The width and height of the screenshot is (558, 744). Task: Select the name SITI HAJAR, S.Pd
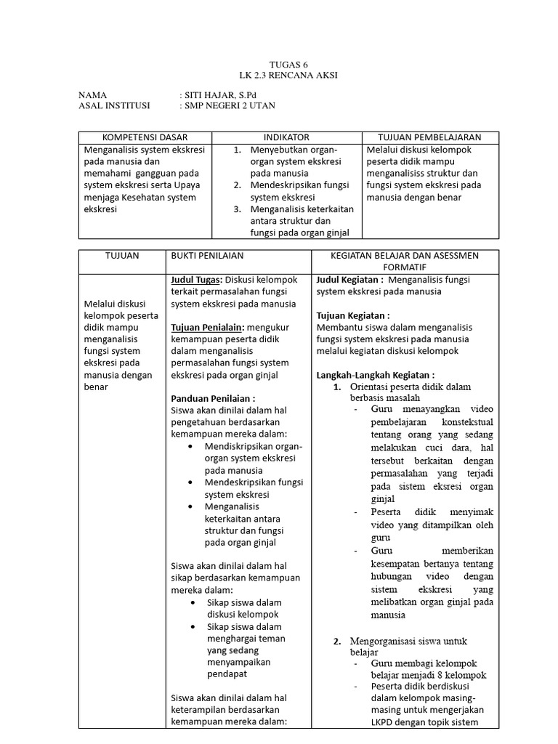(x=217, y=95)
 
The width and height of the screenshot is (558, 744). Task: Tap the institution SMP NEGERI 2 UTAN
(x=230, y=106)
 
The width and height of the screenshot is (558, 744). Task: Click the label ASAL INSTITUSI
(x=113, y=106)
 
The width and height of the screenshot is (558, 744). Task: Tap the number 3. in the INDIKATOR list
(x=237, y=209)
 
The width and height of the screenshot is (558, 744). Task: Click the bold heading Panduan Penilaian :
(x=213, y=399)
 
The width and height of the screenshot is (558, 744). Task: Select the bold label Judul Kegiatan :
(x=349, y=280)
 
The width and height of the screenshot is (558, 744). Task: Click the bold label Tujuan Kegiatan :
(x=353, y=316)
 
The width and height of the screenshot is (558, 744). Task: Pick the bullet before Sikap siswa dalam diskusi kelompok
(x=191, y=603)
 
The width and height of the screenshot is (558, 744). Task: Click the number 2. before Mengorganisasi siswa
(x=337, y=642)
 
